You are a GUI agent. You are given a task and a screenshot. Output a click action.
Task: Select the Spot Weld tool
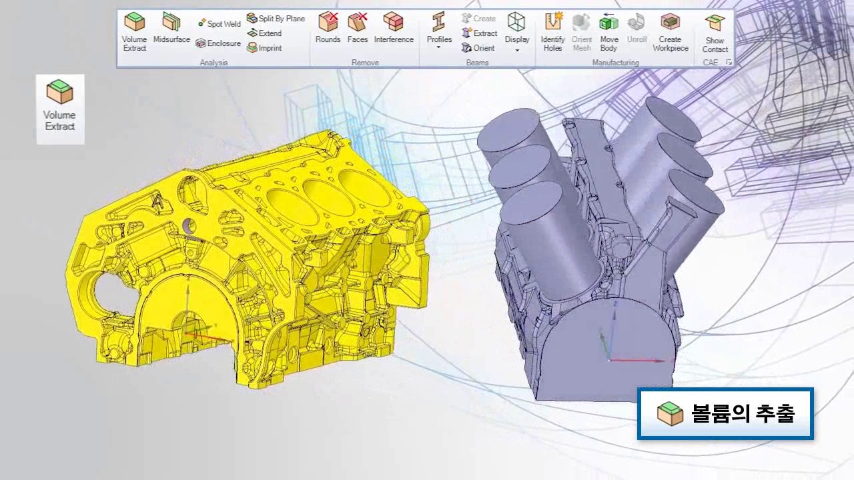[220, 23]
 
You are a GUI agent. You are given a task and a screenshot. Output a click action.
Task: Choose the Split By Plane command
[276, 18]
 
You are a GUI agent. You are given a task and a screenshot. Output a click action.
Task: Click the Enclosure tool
[218, 43]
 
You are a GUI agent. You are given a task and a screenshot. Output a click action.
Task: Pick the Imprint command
[264, 48]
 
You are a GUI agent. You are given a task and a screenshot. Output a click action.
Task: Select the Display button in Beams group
[517, 32]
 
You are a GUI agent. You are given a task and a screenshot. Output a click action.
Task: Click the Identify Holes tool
[553, 32]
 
